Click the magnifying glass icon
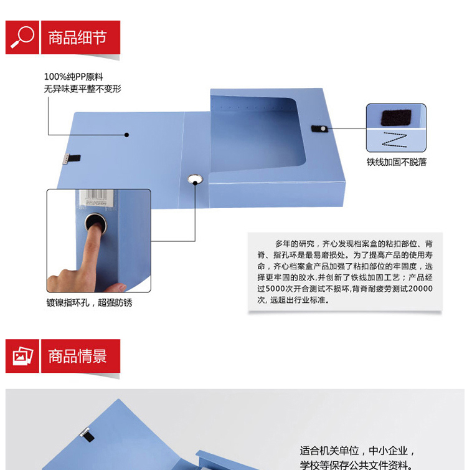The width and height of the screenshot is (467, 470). click(22, 37)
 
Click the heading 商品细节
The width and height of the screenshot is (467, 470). click(77, 37)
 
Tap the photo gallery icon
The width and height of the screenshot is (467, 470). click(22, 356)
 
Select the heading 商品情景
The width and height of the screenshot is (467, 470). click(77, 356)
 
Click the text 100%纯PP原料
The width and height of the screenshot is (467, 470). click(73, 77)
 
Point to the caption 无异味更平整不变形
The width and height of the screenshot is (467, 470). click(83, 89)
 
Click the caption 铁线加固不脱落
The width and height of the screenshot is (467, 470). click(397, 162)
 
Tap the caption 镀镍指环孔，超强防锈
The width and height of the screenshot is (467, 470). click(89, 302)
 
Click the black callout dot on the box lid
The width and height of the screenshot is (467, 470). click(126, 135)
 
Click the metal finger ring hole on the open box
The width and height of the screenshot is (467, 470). click(195, 180)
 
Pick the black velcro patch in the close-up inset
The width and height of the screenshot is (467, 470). click(396, 117)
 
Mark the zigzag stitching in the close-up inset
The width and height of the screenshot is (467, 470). click(395, 140)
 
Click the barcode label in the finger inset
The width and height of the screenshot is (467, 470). click(96, 198)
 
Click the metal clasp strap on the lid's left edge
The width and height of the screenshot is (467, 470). click(72, 158)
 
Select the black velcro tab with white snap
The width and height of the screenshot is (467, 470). click(319, 128)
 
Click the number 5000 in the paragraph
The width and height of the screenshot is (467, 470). click(275, 289)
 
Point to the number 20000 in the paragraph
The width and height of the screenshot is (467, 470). click(420, 289)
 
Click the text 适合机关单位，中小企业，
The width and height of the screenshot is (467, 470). click(357, 451)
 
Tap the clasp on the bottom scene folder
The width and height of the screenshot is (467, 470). click(87, 434)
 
